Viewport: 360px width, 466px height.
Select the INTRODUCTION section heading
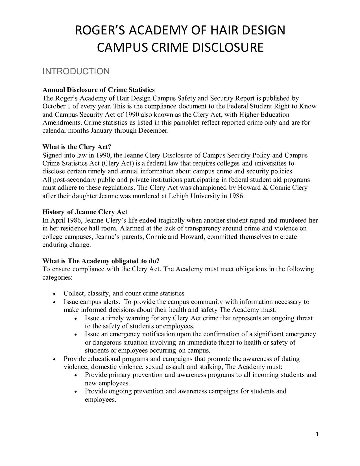point(76,71)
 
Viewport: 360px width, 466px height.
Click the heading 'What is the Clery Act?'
point(77,147)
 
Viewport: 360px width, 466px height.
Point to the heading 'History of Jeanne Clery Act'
point(85,212)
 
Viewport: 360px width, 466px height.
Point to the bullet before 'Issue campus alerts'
point(54,302)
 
